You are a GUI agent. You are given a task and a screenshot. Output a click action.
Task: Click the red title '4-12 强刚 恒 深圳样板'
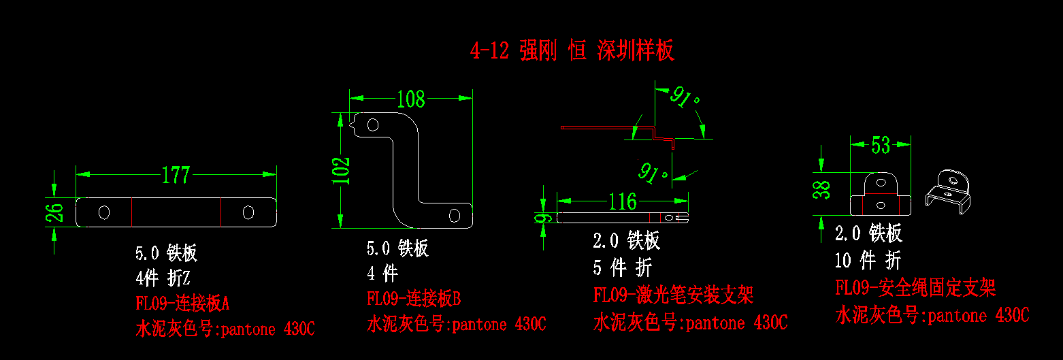tap(572, 50)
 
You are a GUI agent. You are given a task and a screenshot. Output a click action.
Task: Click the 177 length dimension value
tap(176, 175)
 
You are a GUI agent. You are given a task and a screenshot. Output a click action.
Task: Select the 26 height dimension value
tap(57, 212)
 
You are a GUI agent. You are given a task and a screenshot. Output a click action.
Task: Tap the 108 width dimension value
tap(411, 99)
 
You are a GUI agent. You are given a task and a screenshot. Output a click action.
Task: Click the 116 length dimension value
tap(622, 201)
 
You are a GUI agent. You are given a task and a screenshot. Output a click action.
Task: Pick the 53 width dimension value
tap(880, 145)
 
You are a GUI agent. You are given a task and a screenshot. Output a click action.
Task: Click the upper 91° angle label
tap(685, 99)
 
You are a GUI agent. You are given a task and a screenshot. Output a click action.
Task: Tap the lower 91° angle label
tap(653, 173)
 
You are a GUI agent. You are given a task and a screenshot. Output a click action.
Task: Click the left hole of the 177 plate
tap(104, 212)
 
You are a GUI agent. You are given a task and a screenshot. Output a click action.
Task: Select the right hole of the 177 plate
tap(248, 212)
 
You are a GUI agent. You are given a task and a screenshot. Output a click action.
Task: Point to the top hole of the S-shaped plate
tap(373, 125)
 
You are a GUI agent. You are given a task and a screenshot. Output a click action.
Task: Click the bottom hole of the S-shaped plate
tap(454, 216)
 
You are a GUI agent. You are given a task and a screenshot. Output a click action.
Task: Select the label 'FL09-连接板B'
tap(414, 298)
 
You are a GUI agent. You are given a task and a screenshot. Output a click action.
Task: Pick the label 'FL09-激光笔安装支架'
tap(673, 295)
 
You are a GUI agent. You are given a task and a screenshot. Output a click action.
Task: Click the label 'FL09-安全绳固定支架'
tap(915, 288)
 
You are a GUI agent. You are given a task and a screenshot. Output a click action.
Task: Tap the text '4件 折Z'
tap(163, 278)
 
